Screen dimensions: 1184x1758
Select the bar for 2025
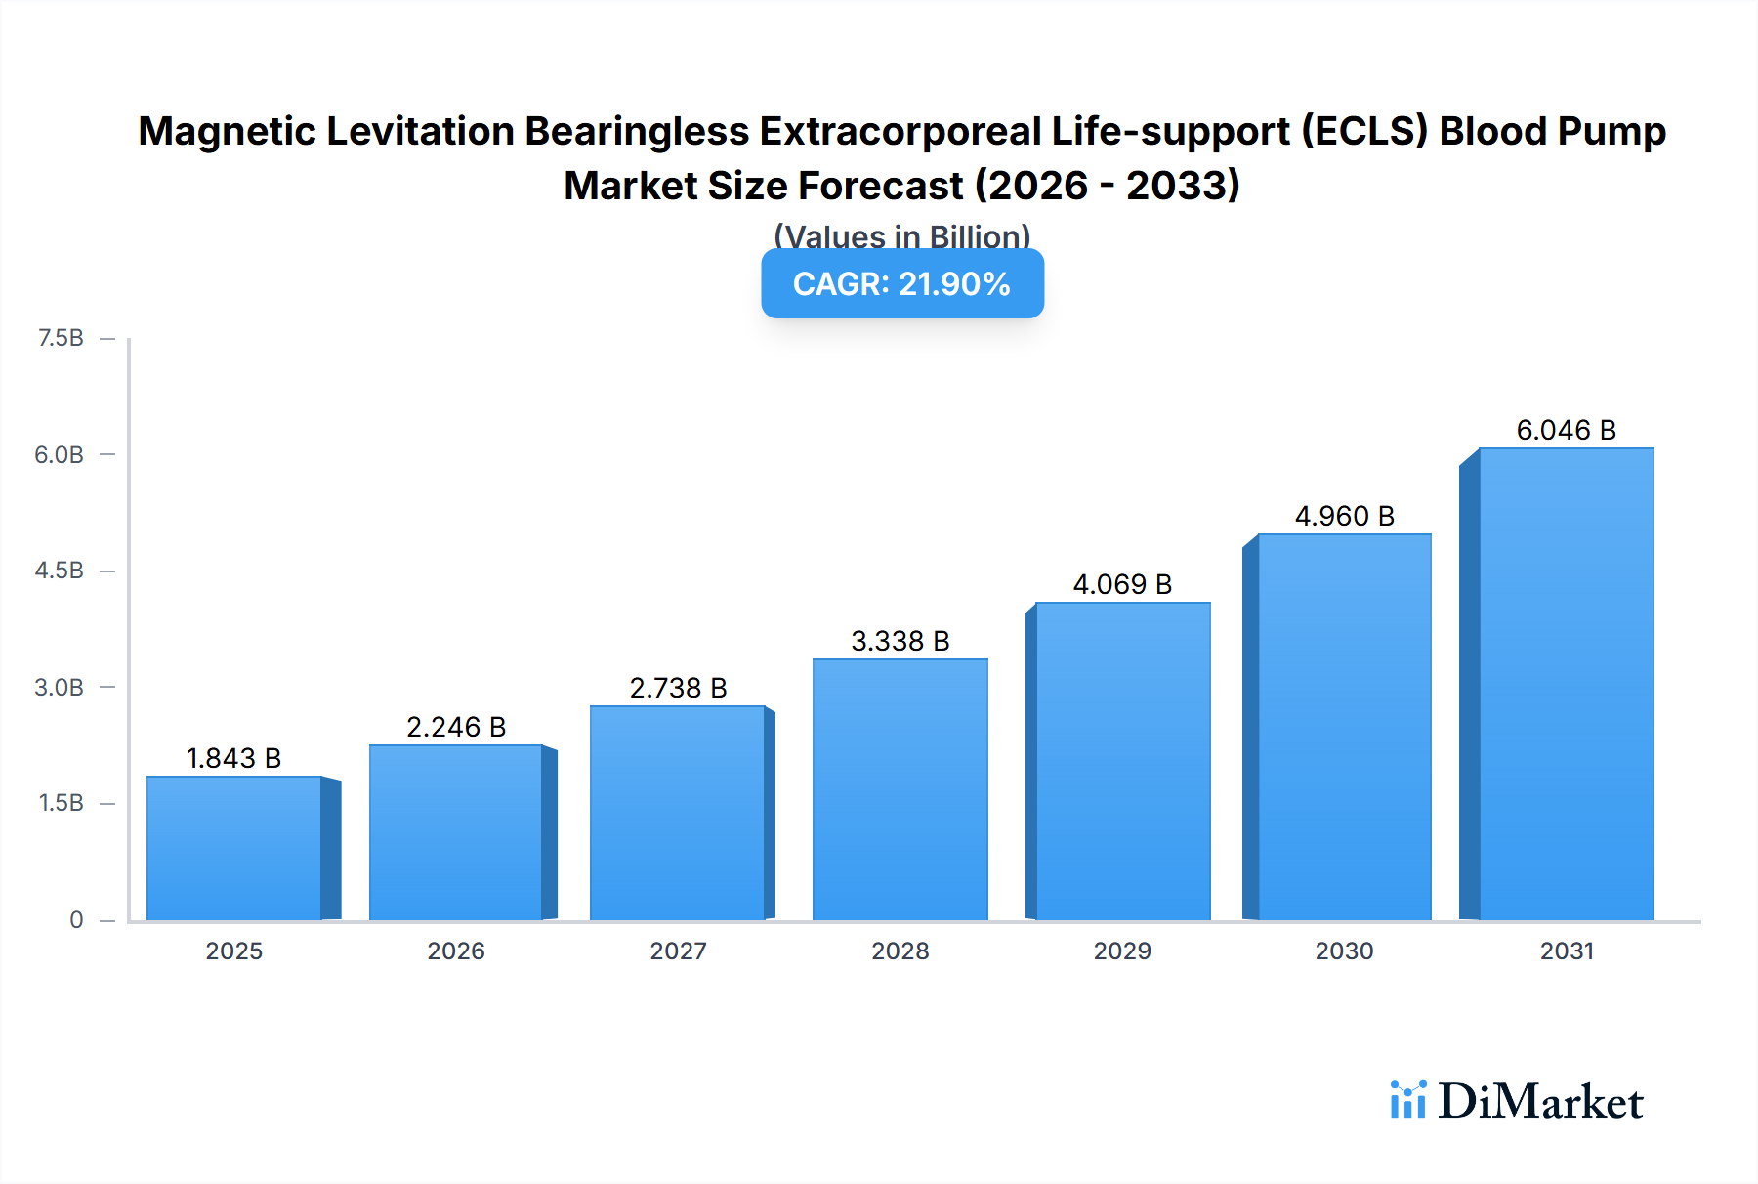tap(234, 848)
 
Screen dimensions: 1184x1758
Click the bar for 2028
tap(900, 789)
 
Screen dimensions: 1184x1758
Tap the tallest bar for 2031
tap(1566, 684)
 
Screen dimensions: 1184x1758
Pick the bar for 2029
tap(1122, 761)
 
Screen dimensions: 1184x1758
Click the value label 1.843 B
tap(233, 758)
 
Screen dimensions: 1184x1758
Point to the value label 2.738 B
tap(678, 688)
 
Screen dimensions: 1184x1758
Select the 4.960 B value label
tap(1344, 516)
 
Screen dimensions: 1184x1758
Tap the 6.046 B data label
tap(1566, 430)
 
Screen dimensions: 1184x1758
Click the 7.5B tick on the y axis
tap(61, 338)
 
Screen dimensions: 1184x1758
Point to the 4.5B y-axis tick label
tap(60, 571)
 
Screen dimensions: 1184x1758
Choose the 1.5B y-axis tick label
tap(61, 803)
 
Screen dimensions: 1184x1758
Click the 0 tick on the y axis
tap(76, 919)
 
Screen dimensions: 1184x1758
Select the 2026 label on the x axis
tap(456, 951)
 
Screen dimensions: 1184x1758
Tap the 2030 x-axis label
tap(1344, 951)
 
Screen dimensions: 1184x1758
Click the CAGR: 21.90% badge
tap(901, 283)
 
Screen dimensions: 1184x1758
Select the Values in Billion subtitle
tap(901, 235)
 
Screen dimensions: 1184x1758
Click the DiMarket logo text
tap(1540, 1101)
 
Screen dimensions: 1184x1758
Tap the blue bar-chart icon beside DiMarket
tap(1407, 1100)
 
